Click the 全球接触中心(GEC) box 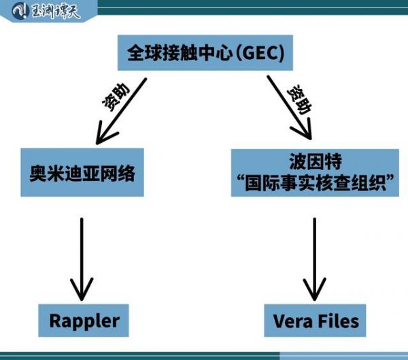205,52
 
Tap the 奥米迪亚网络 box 82,172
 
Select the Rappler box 84,321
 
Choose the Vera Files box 315,321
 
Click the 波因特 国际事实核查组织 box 315,173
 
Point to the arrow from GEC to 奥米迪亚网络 121,111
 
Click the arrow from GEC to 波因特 289,108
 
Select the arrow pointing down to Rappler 82,259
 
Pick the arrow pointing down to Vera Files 315,259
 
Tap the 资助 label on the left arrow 116,97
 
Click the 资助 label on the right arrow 299,99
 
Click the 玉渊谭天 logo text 55,11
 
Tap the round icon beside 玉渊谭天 19,11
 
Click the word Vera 292,321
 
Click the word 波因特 316,161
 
